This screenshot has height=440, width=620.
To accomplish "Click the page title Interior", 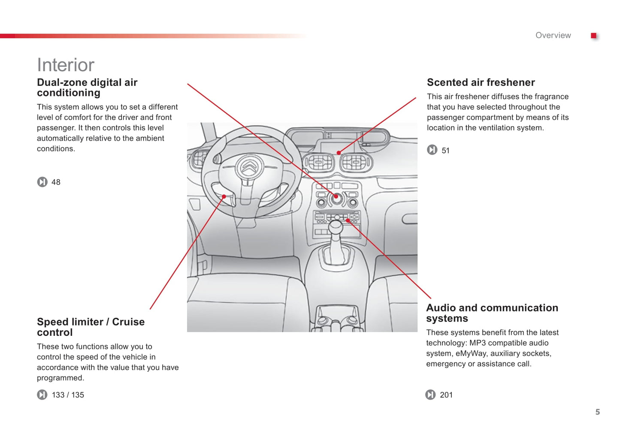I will click(65, 65).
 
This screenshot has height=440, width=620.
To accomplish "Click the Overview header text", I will click(553, 36).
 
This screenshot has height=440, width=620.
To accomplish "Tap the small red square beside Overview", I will click(593, 36).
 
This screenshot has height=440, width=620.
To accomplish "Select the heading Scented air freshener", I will click(481, 82).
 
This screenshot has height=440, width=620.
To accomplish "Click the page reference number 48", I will click(56, 182).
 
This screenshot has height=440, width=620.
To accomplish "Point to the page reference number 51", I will click(445, 151).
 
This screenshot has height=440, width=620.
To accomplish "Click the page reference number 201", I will click(446, 395).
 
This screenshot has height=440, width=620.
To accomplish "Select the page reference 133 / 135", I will click(68, 395).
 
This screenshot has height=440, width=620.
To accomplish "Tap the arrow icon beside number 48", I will click(42, 182).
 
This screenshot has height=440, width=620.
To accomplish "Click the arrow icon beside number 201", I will click(430, 395).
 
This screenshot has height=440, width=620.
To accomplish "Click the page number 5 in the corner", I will click(597, 412).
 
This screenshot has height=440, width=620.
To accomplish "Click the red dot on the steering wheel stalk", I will click(224, 197).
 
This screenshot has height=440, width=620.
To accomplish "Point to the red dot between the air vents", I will click(339, 153).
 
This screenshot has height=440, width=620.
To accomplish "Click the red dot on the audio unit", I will click(348, 220).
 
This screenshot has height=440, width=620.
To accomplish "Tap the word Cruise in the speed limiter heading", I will click(128, 322).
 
